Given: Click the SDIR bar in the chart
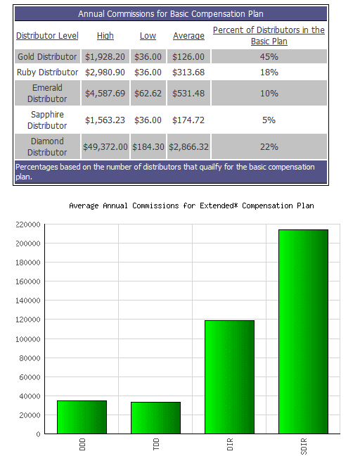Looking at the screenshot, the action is pyautogui.click(x=303, y=331).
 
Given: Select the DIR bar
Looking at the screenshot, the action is pyautogui.click(x=229, y=377).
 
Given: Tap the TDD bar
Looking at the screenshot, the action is pyautogui.click(x=155, y=418).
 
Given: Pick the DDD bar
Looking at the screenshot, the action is pyautogui.click(x=82, y=417).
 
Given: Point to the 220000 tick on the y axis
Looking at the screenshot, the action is pyautogui.click(x=28, y=224).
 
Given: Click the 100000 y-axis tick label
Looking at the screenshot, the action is pyautogui.click(x=28, y=339).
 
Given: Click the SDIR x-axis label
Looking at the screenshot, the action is pyautogui.click(x=304, y=446).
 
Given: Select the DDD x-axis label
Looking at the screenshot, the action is pyautogui.click(x=82, y=444).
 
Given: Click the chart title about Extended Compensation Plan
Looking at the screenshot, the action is pyautogui.click(x=191, y=205).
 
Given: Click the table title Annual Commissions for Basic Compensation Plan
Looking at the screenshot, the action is pyautogui.click(x=171, y=14).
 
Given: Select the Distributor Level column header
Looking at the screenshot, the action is pyautogui.click(x=47, y=36).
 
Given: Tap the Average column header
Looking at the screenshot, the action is pyautogui.click(x=188, y=36).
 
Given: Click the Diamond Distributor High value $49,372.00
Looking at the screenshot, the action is pyautogui.click(x=105, y=147).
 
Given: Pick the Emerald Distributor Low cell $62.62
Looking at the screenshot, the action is pyautogui.click(x=148, y=94).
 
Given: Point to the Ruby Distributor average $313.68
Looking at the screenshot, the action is pyautogui.click(x=188, y=72).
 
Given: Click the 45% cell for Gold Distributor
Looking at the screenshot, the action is pyautogui.click(x=269, y=57).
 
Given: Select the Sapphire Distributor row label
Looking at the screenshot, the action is pyautogui.click(x=47, y=120).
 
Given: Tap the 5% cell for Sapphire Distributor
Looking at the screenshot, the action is pyautogui.click(x=269, y=120).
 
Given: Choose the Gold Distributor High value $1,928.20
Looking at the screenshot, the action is pyautogui.click(x=105, y=57).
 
